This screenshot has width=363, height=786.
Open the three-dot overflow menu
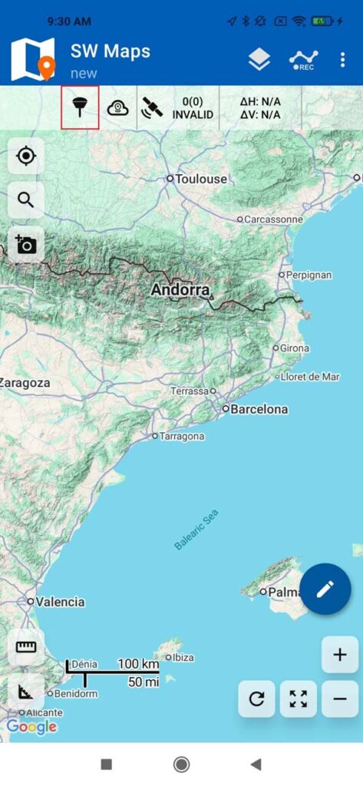[x=342, y=60]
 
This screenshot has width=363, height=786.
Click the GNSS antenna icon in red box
[x=80, y=108]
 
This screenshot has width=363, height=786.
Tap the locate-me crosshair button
[x=26, y=157]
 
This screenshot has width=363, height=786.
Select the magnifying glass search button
[x=26, y=200]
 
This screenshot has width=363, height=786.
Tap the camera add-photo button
[x=26, y=245]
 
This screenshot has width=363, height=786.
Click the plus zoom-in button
[x=340, y=655]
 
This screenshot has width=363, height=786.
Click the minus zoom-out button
[x=340, y=698]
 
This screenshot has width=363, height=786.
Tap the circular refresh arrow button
[x=256, y=698]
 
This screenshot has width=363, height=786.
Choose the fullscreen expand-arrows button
[x=299, y=698]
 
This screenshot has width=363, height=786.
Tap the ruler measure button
[x=26, y=647]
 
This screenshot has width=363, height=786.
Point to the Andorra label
[x=180, y=290]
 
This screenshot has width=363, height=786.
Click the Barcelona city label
[x=259, y=409]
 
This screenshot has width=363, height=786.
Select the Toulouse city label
[x=201, y=179]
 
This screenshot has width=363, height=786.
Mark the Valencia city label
[x=60, y=602]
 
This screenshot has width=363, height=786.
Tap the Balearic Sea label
[x=196, y=530]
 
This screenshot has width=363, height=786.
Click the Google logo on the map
[x=31, y=726]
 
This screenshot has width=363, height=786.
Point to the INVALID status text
[x=193, y=115]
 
